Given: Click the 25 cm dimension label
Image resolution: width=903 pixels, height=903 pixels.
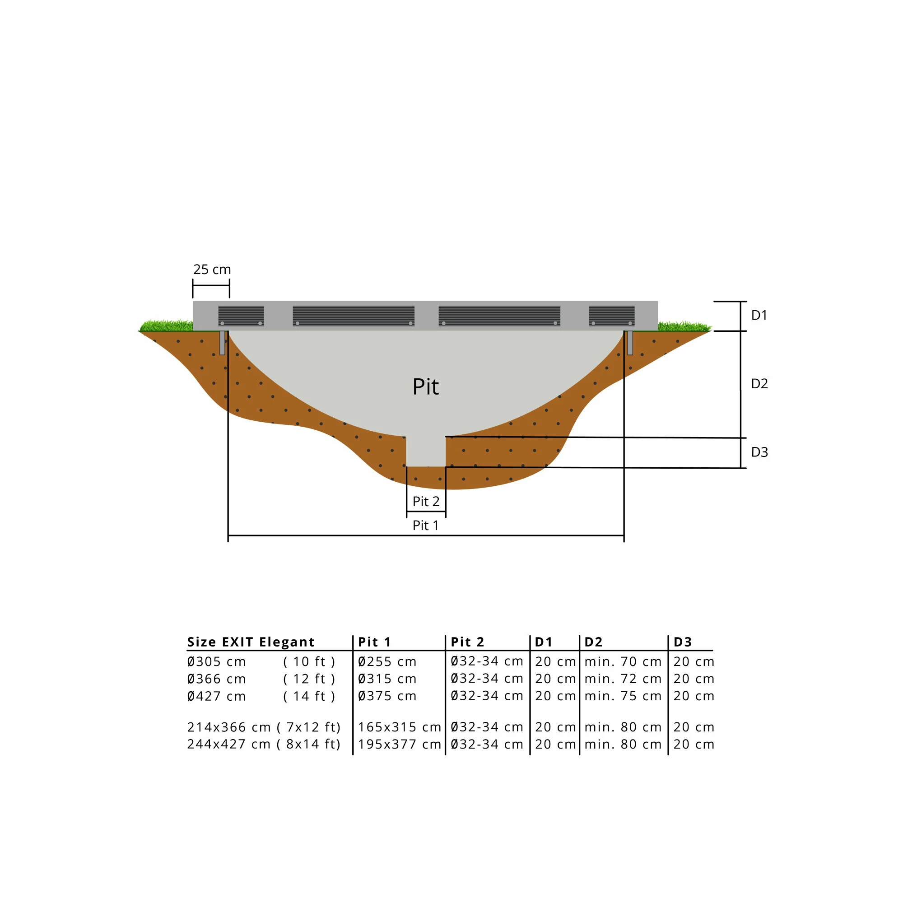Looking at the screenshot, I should (x=212, y=270).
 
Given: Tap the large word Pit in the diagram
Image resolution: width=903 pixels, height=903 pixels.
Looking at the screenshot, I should (x=425, y=387).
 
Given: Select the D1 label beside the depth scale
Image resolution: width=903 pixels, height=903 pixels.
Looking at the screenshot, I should (x=759, y=316).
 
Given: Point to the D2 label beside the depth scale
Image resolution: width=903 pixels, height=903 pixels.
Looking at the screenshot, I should (x=759, y=384).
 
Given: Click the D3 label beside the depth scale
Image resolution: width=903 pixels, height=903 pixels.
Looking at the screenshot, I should (x=759, y=452).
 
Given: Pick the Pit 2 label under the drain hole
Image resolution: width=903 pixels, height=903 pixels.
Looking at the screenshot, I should (x=426, y=502).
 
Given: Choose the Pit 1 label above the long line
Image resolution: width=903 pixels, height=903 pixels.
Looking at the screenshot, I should (x=425, y=526).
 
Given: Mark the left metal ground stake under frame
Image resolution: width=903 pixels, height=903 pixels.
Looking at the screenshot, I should (x=222, y=343).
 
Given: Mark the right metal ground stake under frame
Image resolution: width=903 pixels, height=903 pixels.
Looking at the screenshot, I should (x=630, y=343).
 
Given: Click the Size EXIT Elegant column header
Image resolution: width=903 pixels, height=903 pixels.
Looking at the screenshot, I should (x=251, y=642).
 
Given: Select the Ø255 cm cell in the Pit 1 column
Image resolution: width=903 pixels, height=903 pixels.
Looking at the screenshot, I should (x=387, y=662).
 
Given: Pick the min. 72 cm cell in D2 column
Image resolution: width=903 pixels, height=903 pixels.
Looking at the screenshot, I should (x=623, y=679).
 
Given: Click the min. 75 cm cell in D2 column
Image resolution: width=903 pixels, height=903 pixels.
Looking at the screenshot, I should (x=623, y=696).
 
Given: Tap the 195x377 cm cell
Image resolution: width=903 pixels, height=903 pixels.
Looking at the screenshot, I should (x=399, y=744).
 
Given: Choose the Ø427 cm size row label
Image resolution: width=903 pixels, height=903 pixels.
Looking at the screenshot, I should (x=216, y=696).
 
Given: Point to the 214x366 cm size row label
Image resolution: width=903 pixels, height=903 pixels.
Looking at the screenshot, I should (x=228, y=727).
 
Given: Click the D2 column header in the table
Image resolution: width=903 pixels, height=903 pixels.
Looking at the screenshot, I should (x=594, y=642).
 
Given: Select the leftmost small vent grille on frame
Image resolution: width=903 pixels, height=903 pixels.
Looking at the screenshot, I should (x=241, y=316).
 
